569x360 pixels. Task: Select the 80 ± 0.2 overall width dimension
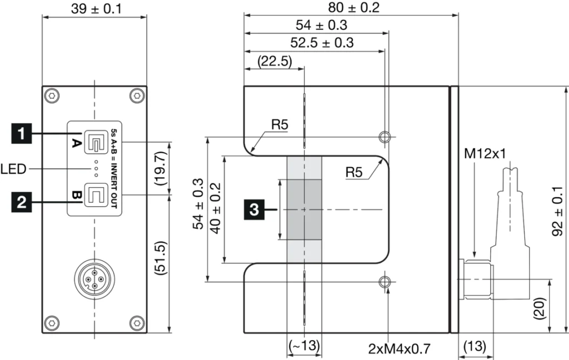tap(350, 7)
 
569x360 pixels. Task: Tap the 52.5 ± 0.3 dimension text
tap(322, 42)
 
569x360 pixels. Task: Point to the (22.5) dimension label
tap(274, 61)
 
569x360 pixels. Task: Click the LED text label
tap(14, 168)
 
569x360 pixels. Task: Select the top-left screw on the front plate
tap(52, 96)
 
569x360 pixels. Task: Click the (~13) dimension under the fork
tap(304, 345)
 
